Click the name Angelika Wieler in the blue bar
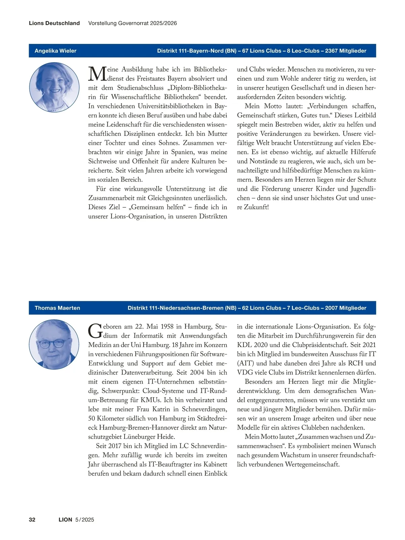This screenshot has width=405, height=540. pos(55,51)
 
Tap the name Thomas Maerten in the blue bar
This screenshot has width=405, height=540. pos(57,308)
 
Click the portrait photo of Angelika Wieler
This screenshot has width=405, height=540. pos(54,87)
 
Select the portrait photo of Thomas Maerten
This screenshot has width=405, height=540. pos(54,344)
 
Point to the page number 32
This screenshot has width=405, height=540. pos(32,519)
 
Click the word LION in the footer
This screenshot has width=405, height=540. pos(65,519)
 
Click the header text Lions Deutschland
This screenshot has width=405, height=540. pos(54,23)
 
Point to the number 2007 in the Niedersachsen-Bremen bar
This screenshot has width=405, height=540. pos(331,308)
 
